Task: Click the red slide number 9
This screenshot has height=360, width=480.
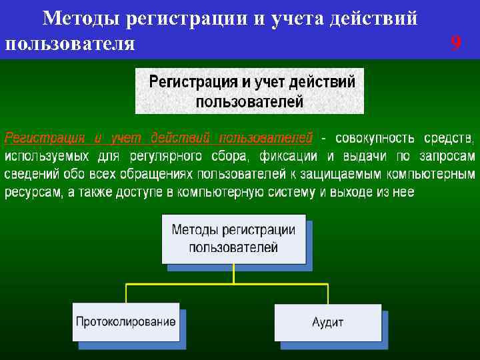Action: (455, 44)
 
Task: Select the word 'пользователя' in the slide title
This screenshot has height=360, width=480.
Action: (69, 44)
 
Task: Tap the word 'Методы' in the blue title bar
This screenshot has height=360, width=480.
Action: (81, 19)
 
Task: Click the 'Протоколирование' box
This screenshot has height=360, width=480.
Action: (126, 322)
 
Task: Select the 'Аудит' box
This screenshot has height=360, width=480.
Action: (327, 322)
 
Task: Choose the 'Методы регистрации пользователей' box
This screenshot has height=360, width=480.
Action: (233, 238)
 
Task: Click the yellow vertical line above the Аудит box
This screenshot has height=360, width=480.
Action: (327, 294)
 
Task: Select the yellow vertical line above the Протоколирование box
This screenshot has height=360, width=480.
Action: (126, 294)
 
